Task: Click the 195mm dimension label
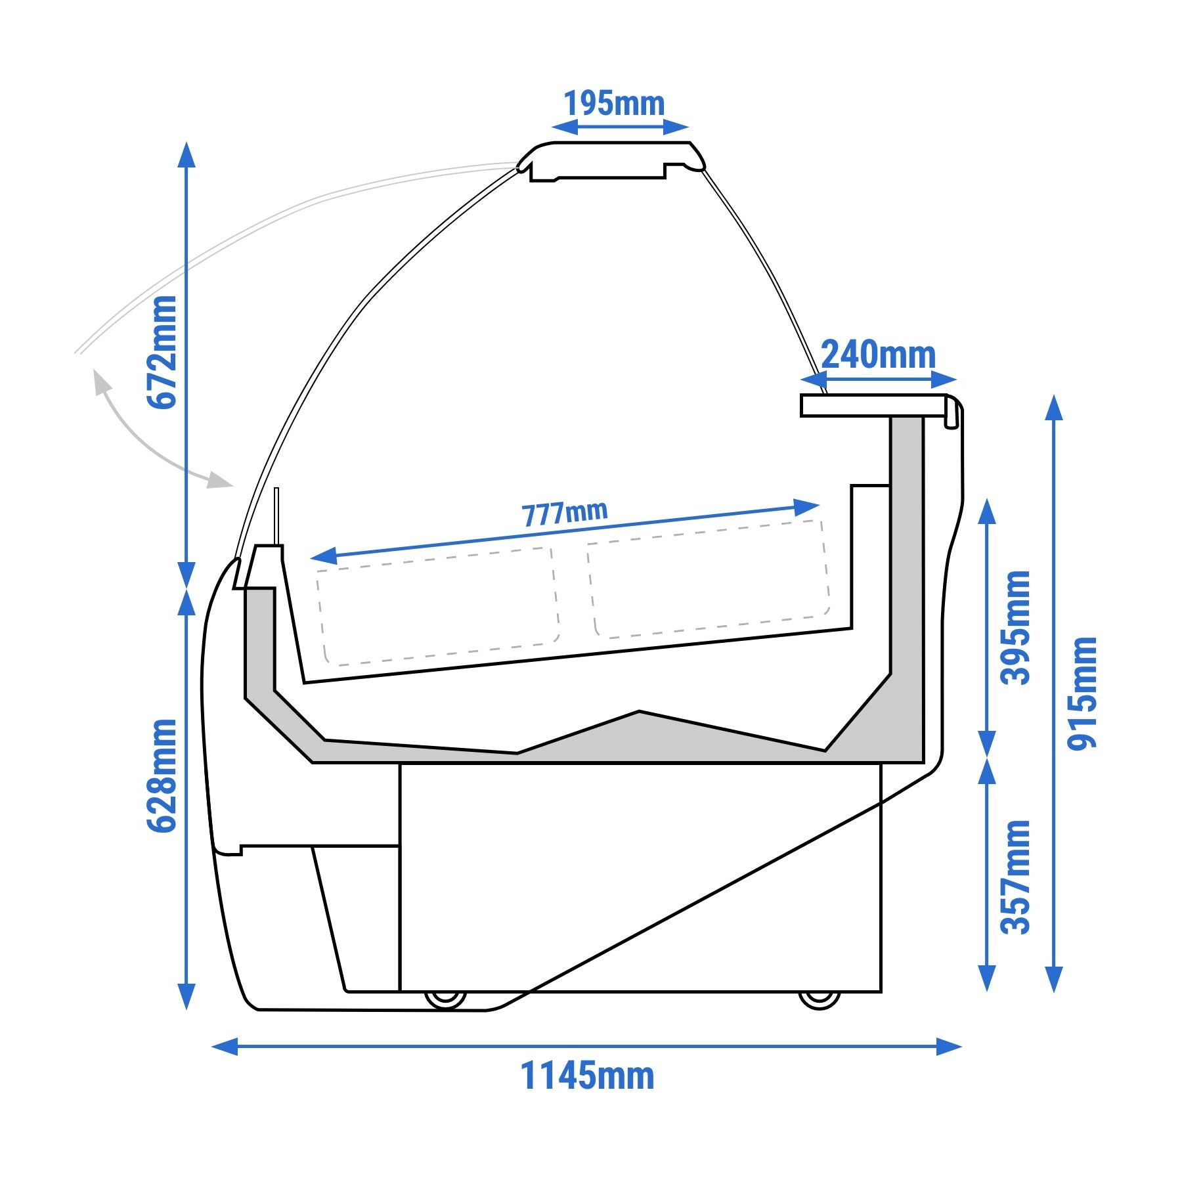[614, 104]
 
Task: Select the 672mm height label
[162, 352]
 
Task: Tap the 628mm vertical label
[162, 776]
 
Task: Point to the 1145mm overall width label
[588, 1076]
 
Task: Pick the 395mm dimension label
[1015, 627]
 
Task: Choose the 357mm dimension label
[1015, 877]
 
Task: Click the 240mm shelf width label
[879, 355]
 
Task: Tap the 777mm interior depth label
[565, 514]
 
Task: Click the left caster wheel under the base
[445, 999]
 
